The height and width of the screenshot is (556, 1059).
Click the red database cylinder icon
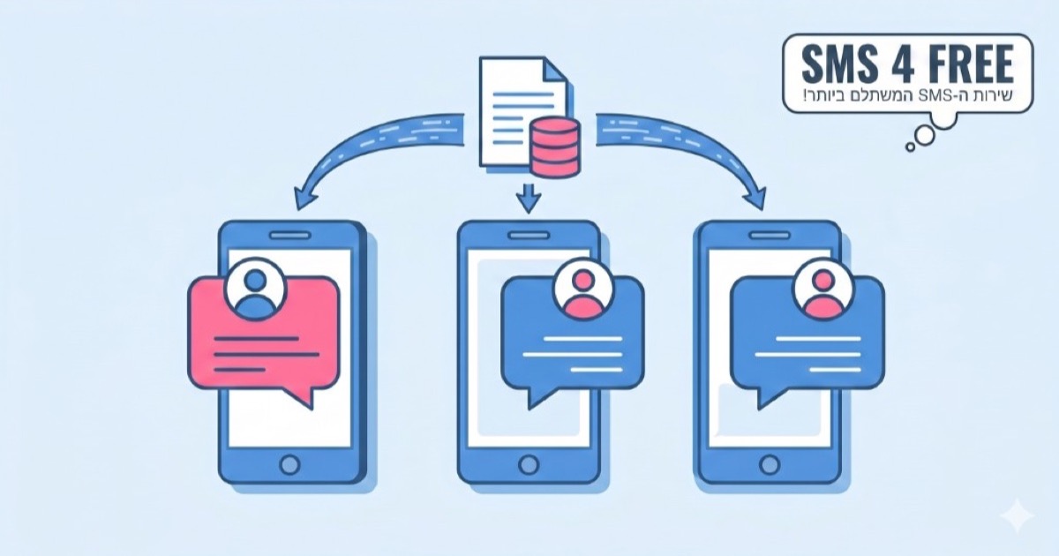click(x=554, y=147)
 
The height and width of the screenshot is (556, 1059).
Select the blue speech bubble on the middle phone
click(x=573, y=341)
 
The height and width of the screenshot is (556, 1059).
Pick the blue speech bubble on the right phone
click(x=807, y=341)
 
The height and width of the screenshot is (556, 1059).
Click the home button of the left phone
click(x=289, y=464)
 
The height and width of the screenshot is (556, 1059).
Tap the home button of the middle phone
click(x=528, y=464)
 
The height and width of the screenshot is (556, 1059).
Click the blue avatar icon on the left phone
click(x=256, y=289)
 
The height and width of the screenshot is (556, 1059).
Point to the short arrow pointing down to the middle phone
click(x=528, y=198)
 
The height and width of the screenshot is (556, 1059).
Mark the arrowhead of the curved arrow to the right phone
click(x=755, y=198)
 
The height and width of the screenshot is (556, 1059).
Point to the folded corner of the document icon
click(x=555, y=70)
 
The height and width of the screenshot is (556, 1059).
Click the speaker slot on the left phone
click(x=289, y=235)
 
